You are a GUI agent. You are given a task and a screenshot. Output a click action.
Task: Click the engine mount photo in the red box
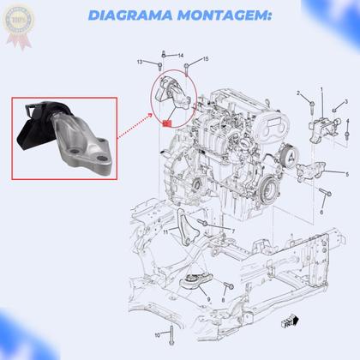(65, 138)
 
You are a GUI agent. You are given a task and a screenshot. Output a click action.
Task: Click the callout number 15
(206, 59)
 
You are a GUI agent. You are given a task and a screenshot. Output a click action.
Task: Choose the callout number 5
(347, 173)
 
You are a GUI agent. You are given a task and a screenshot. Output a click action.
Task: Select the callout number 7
(232, 231)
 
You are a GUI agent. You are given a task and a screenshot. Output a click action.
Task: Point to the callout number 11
(165, 231)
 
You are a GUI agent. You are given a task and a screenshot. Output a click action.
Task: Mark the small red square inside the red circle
(165, 123)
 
